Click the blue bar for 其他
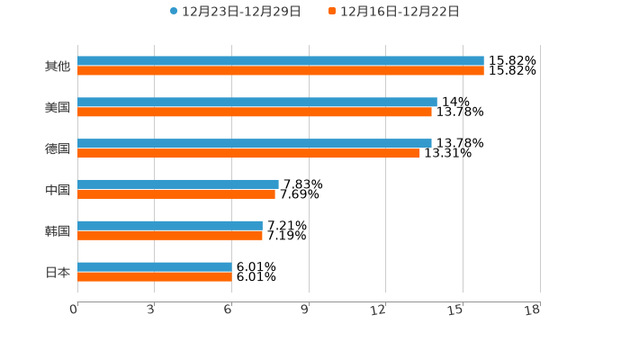coord(281,61)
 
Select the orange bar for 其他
coord(281,71)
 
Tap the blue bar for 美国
coord(257,103)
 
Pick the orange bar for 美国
coord(255,112)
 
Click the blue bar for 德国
coord(255,143)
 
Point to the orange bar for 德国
coord(248,154)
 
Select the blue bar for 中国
coord(178,184)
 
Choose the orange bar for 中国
coord(176,194)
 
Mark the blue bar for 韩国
coord(170,226)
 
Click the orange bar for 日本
coord(155,277)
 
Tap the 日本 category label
coord(58,272)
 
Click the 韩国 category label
coord(58,230)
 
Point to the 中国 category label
coord(58,190)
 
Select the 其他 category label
coord(58,66)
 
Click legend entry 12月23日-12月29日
coord(236,12)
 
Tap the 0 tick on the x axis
coord(75,310)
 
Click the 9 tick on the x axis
coord(305,310)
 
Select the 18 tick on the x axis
coord(533,310)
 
